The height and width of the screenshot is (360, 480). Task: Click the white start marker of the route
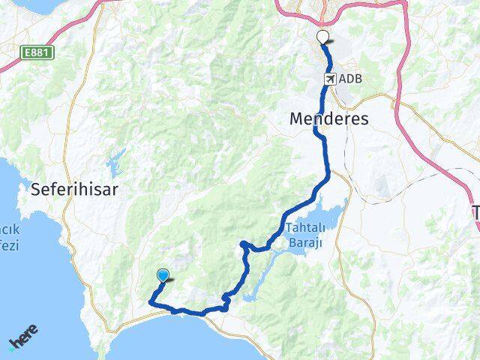tap(323, 36)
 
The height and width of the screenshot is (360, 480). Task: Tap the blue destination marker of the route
tap(163, 276)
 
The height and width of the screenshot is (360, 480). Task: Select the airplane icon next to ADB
tap(330, 79)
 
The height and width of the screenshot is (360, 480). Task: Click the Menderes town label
tap(329, 118)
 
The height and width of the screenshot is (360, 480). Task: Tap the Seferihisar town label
tap(74, 190)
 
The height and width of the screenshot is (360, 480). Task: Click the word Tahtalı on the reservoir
tap(304, 228)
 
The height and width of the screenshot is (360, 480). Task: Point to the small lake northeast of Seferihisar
tap(116, 160)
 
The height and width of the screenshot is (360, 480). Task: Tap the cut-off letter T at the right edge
tap(475, 212)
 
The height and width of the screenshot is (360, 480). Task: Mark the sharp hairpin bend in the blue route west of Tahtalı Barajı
tap(241, 243)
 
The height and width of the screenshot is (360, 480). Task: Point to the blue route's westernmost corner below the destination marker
tap(151, 302)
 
